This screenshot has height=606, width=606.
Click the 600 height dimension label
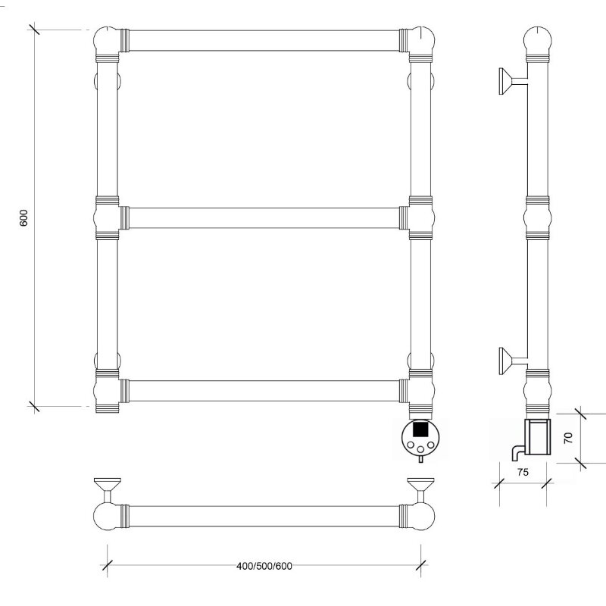(x=23, y=218)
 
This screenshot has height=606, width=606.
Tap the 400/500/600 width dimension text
(x=264, y=566)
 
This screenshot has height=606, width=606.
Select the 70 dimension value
(x=567, y=438)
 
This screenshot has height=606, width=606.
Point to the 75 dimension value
(x=523, y=472)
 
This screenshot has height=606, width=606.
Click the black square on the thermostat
(x=420, y=429)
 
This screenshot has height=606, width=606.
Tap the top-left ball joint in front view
(x=106, y=39)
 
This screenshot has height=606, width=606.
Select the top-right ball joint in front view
(x=422, y=39)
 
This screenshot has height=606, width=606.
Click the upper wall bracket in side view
(x=513, y=81)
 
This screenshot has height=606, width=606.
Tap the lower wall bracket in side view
(x=513, y=361)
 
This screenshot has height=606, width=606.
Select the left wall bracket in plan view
(x=108, y=489)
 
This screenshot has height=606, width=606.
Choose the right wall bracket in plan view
(x=421, y=489)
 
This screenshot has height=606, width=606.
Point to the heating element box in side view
(x=537, y=436)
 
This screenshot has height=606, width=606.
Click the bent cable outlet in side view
(x=517, y=452)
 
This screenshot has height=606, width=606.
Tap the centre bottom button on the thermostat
(x=421, y=449)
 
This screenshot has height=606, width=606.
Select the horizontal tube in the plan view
(x=264, y=517)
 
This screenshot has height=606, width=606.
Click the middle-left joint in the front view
(x=107, y=218)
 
